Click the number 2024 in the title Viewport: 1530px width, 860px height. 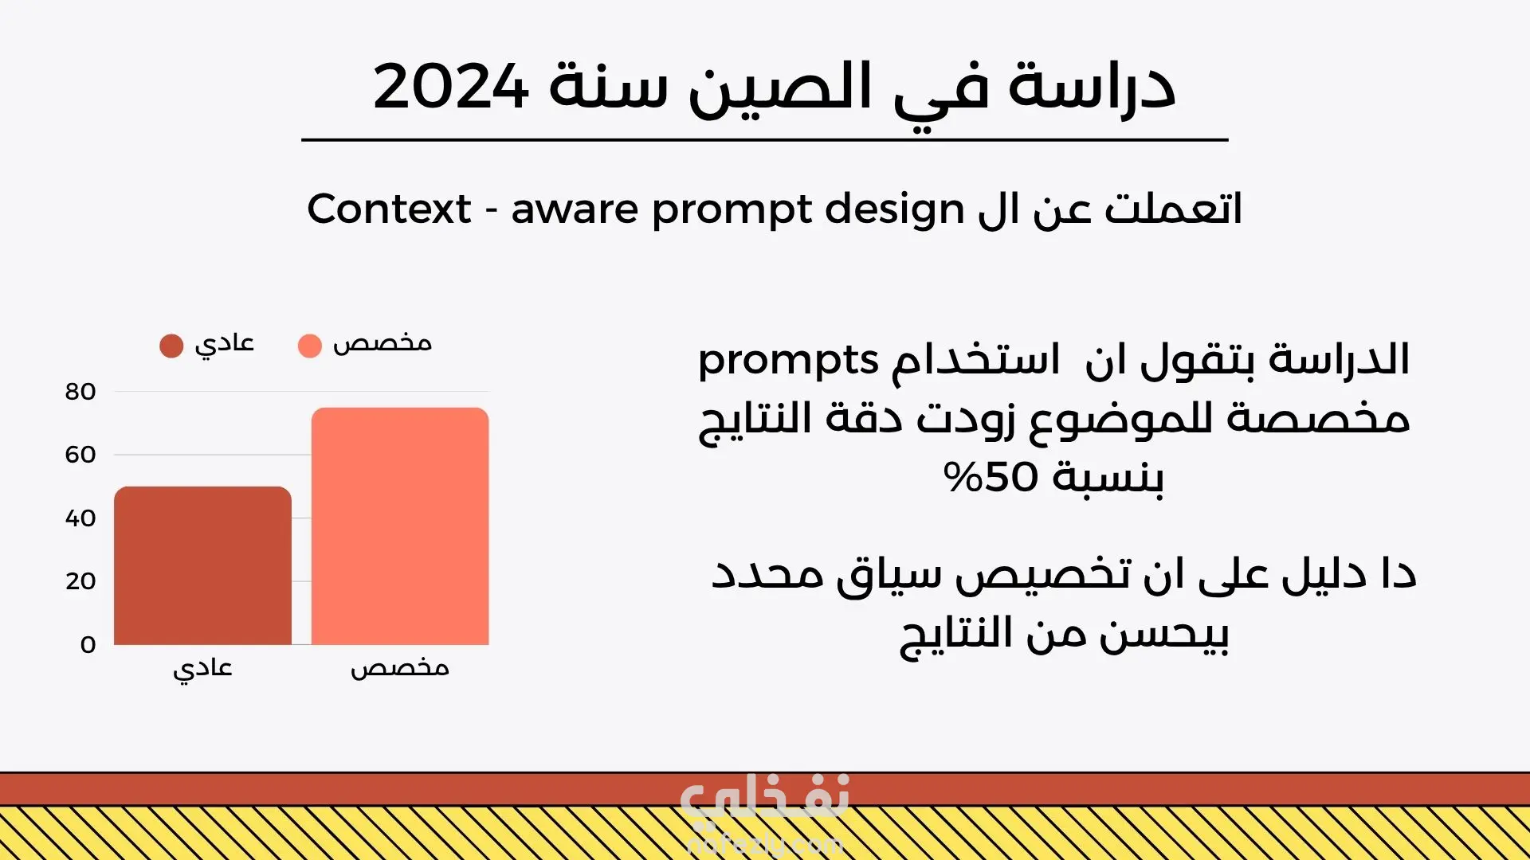pos(450,86)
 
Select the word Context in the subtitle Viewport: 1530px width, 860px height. pos(389,209)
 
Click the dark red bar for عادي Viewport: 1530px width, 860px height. pos(202,565)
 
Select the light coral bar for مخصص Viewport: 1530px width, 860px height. pos(400,526)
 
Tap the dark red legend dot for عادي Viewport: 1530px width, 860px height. pos(171,346)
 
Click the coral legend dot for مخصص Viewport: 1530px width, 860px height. pos(309,346)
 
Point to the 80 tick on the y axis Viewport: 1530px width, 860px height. pos(80,392)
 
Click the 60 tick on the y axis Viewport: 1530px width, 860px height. pos(80,455)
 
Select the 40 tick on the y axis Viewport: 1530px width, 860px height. pos(80,518)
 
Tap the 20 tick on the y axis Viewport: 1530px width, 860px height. pos(80,581)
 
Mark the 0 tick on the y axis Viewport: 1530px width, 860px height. pos(88,644)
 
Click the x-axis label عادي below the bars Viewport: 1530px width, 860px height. pos(202,668)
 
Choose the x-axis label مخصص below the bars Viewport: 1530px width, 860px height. pos(400,667)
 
